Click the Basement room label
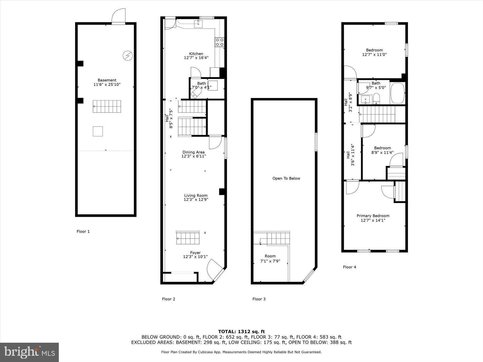coord(107,80)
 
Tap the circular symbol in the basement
coord(127,55)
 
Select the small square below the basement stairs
coord(98,131)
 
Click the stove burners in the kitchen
coord(220,42)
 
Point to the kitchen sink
coord(198,24)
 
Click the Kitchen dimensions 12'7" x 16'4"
coord(196,58)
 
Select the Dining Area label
coord(193,152)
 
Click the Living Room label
coord(196,195)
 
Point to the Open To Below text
coord(286,178)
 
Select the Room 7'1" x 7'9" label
coord(270,258)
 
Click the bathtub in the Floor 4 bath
coord(397,93)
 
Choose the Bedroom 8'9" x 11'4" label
coord(382,150)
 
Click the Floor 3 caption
coord(259,299)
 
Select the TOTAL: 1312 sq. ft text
coord(241,331)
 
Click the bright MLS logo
coord(30,352)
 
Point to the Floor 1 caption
coord(83,231)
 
